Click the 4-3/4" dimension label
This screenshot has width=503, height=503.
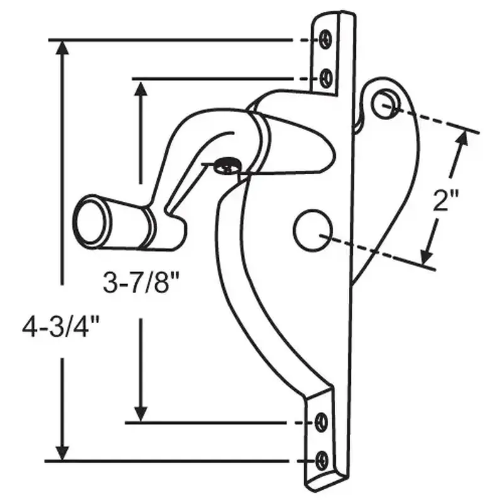click(x=61, y=328)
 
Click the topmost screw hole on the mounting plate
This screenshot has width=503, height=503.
click(x=325, y=39)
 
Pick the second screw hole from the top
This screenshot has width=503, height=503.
click(x=326, y=78)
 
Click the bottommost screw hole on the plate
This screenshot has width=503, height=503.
click(x=323, y=459)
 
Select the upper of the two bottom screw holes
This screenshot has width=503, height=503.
click(x=323, y=421)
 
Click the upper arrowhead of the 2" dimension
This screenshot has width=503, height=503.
click(x=464, y=140)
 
